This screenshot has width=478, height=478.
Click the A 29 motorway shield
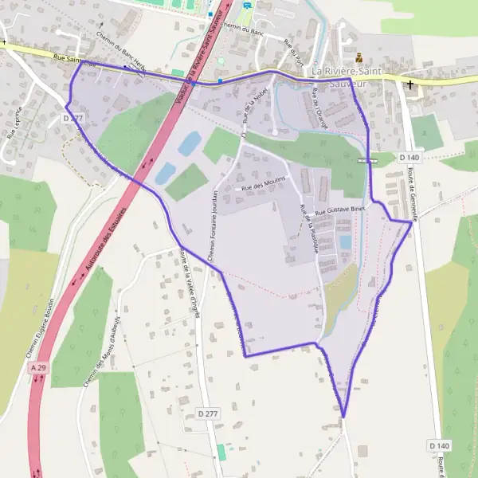click(37, 368)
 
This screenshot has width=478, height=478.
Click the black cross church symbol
click(411, 84)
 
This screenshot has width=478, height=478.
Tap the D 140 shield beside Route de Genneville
click(409, 158)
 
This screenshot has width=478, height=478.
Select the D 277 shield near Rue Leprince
click(72, 118)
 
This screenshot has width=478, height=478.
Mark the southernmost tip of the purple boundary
click(343, 416)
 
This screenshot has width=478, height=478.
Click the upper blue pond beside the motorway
click(190, 143)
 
